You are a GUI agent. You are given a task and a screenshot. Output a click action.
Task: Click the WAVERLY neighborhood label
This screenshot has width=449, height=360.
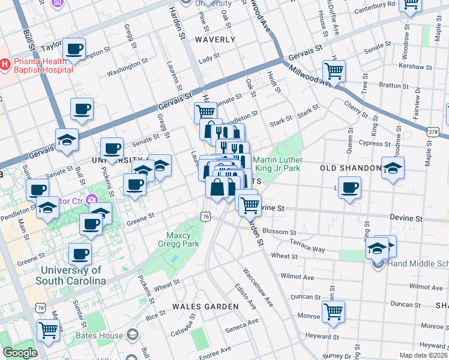click(x=215, y=40)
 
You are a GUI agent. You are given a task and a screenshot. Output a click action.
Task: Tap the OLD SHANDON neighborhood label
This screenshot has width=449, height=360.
click(x=351, y=168)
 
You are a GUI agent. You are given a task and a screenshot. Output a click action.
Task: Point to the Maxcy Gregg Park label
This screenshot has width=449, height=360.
click(x=182, y=239)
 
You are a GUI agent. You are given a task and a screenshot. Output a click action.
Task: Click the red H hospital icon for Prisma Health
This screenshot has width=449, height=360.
click(x=5, y=63)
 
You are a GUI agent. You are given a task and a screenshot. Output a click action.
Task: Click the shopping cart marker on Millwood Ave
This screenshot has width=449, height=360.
click(x=334, y=70)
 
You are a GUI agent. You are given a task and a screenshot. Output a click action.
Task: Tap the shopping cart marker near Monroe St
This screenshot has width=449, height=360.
click(x=333, y=311)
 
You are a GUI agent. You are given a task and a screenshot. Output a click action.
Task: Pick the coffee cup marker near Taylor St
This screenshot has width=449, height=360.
click(x=74, y=49)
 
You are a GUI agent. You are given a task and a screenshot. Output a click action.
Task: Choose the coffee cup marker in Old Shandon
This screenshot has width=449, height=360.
click(x=349, y=187)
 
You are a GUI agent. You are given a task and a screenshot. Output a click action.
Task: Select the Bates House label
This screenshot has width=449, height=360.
click(x=100, y=335)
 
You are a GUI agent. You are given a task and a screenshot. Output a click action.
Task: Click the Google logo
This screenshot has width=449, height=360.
click(x=19, y=353)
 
